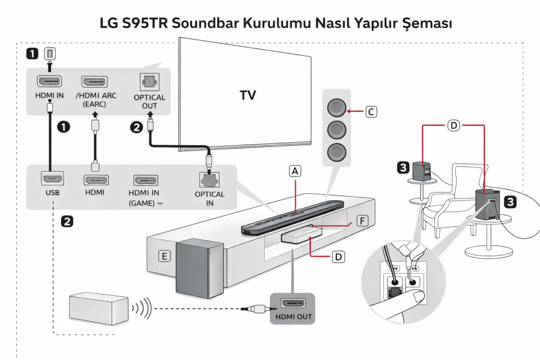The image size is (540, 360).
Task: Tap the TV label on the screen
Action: click(248, 95)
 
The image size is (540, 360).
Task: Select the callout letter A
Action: click(294, 171)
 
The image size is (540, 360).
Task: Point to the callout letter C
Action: click(371, 112)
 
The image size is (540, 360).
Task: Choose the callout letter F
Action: click(361, 221)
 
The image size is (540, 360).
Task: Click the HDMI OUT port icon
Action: click(293, 303)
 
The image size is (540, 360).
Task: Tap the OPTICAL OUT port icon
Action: click(146, 82)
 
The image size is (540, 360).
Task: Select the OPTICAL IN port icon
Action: click(209, 179)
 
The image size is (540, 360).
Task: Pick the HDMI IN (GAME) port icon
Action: click(145, 179)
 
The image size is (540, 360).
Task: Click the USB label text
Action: click(50, 193)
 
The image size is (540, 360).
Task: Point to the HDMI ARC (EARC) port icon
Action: click(94, 82)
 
